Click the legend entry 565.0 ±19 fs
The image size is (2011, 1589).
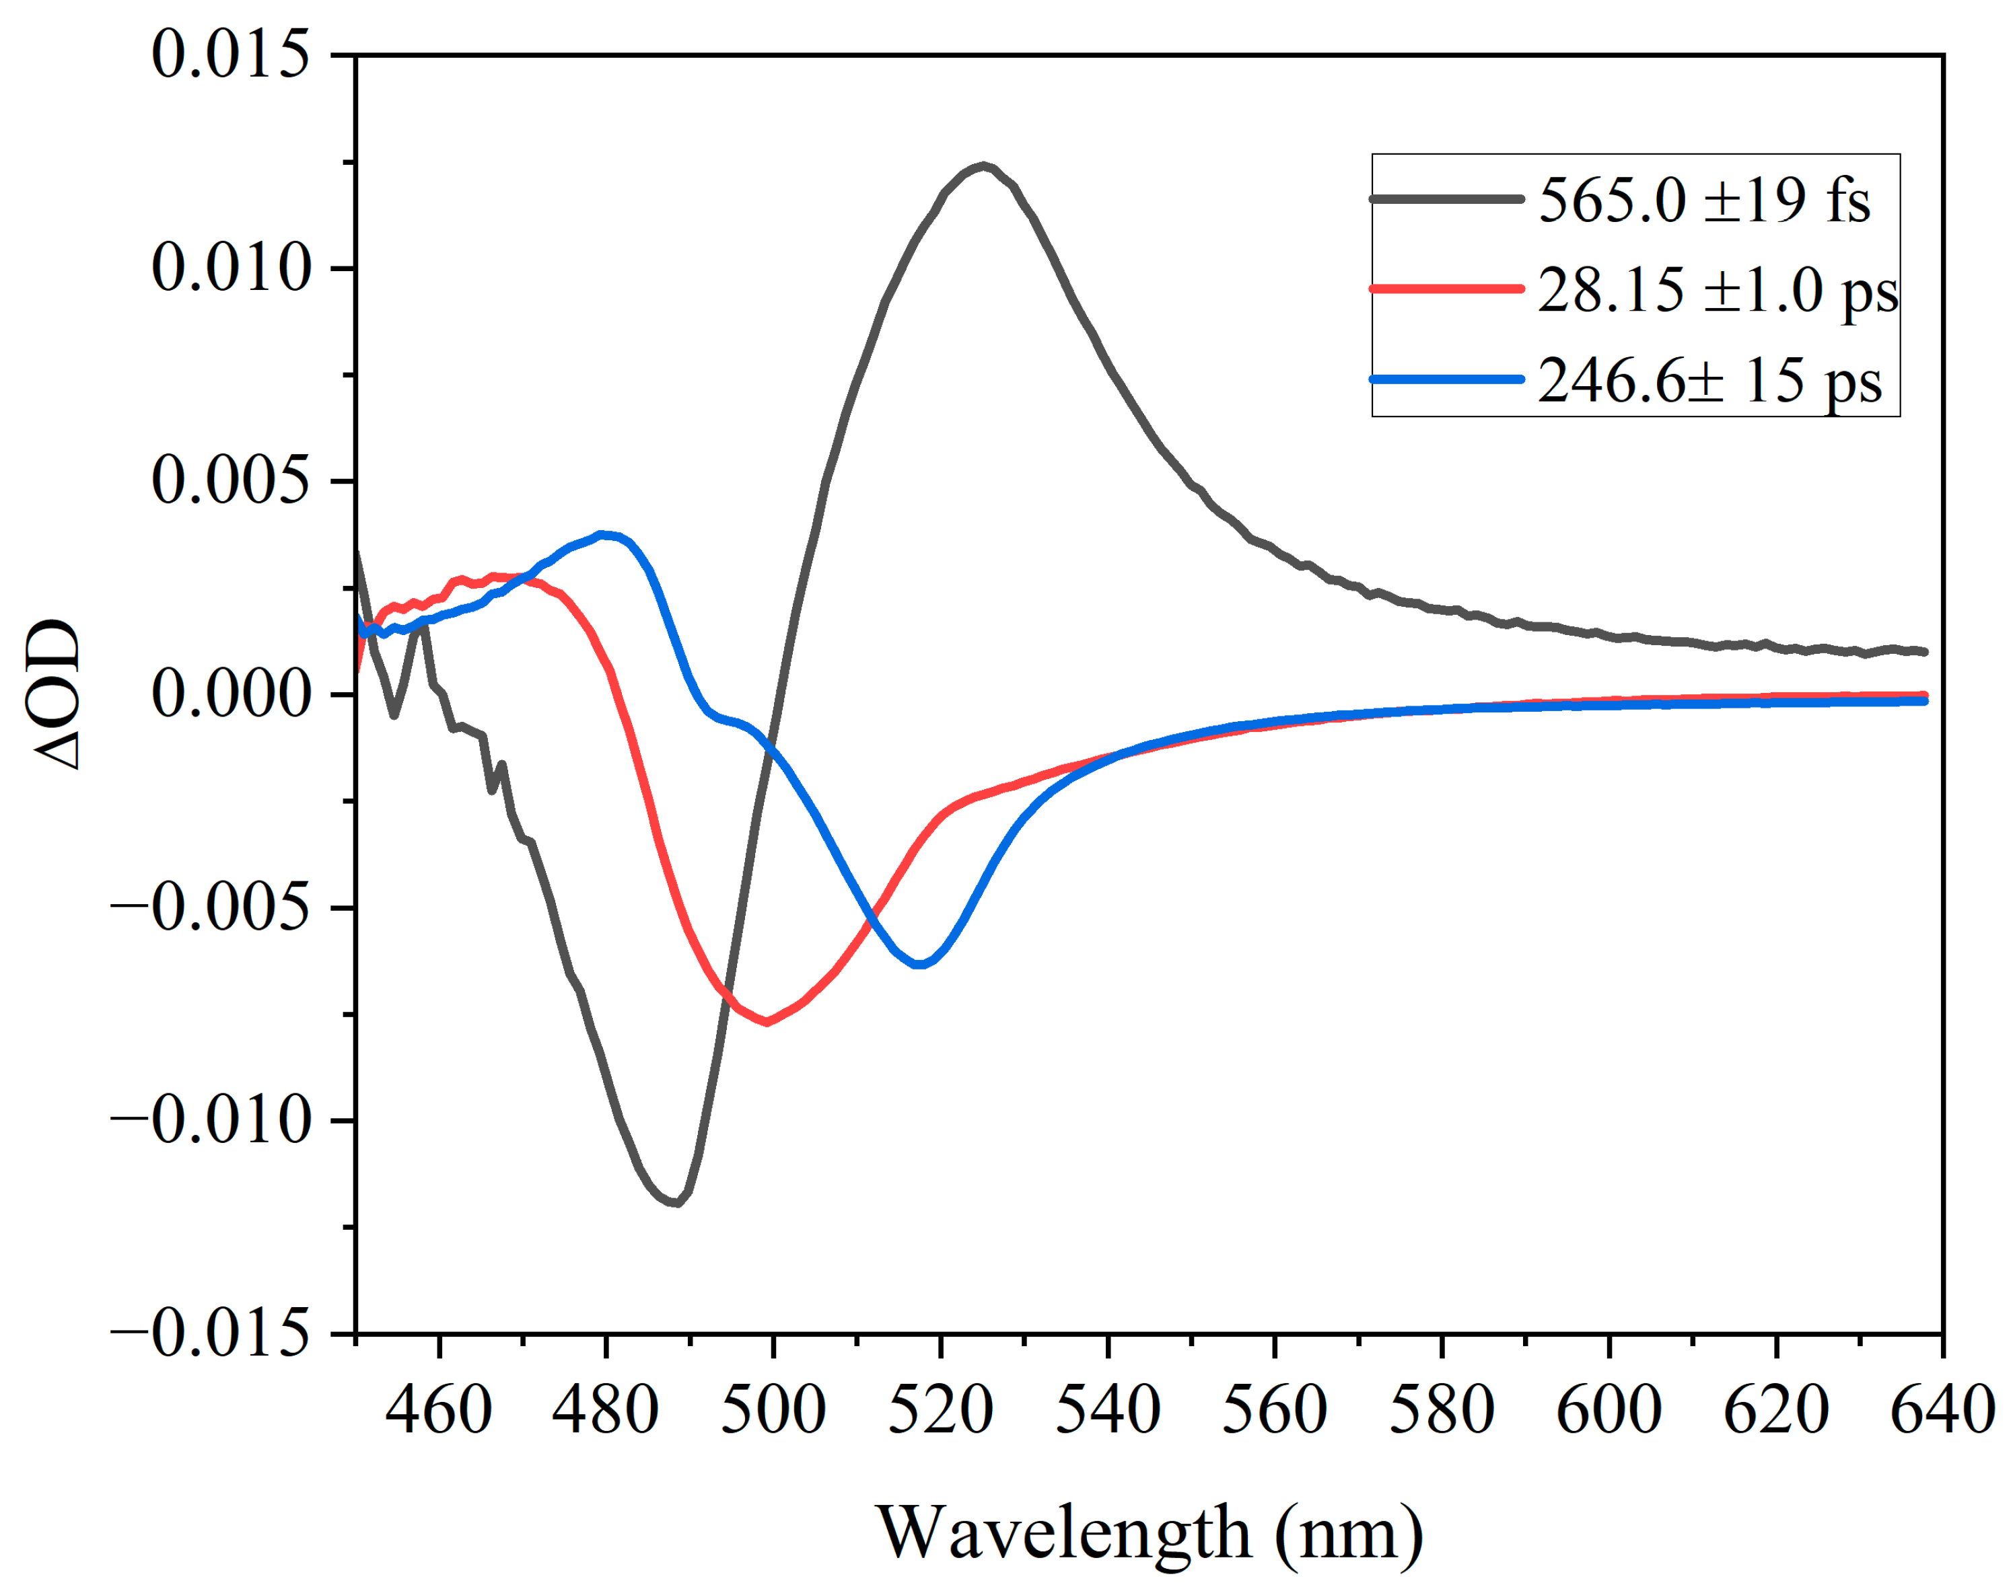pos(1703,199)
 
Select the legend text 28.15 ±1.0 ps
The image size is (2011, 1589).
pos(1717,289)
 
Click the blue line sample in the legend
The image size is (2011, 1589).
pos(1446,379)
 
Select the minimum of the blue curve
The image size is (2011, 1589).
pos(919,965)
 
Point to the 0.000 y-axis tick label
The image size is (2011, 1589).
pos(230,694)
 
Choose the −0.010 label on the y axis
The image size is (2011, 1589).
pos(209,1120)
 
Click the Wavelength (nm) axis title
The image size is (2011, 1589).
pos(1150,1533)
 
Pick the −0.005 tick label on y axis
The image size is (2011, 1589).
pos(209,907)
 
